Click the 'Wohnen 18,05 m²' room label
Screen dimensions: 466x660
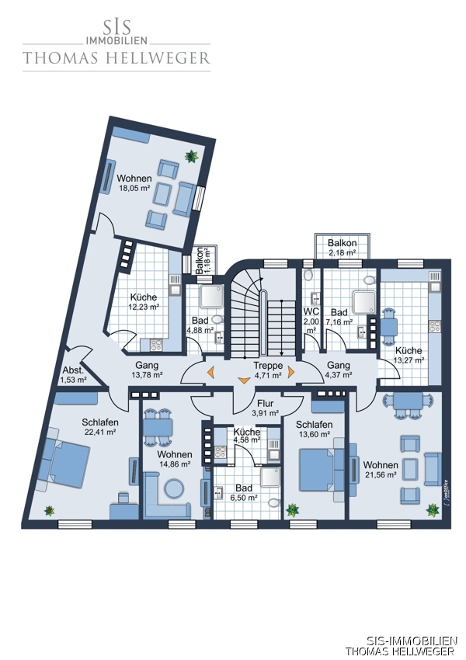[x=134, y=183]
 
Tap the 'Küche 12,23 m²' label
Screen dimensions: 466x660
[x=144, y=302]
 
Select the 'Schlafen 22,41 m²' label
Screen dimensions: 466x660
[x=100, y=426]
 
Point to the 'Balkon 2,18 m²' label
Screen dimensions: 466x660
[x=343, y=248]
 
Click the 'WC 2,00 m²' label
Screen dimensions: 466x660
[x=311, y=321]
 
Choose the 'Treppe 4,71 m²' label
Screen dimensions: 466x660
[x=268, y=370]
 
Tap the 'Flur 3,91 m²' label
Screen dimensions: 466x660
[x=265, y=408]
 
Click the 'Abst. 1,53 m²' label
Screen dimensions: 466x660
[x=73, y=375]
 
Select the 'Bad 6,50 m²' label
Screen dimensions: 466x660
[x=244, y=492]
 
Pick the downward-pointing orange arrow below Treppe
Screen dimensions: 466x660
[x=244, y=380]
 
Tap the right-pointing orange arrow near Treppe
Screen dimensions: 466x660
[x=291, y=372]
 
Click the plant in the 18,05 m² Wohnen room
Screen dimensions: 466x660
[x=192, y=157]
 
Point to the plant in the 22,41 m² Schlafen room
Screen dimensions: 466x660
[x=50, y=511]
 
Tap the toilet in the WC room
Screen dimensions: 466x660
[x=308, y=275]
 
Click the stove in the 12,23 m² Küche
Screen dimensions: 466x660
[x=156, y=346]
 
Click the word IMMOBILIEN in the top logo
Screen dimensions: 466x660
[x=116, y=40]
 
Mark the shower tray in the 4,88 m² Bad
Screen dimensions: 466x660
[x=212, y=297]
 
